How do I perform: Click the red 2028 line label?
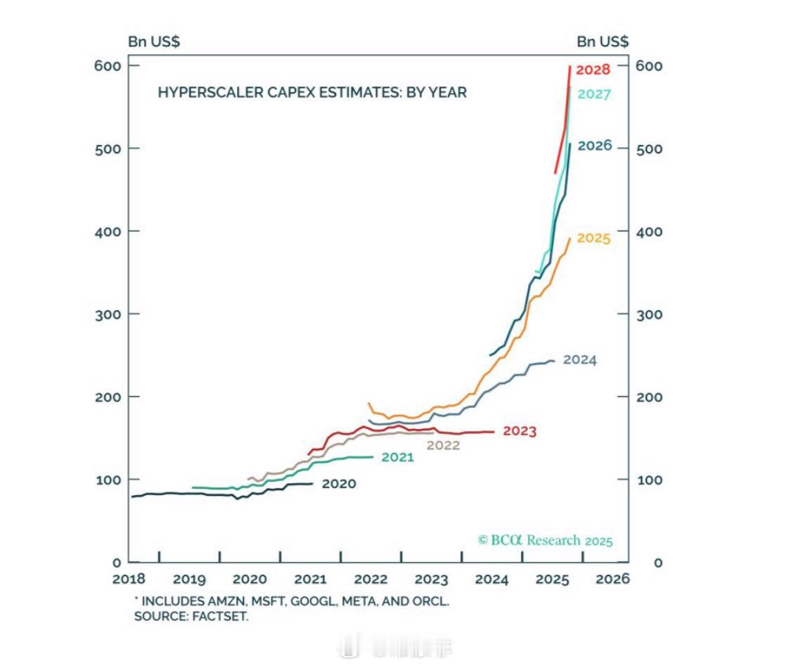tap(593, 70)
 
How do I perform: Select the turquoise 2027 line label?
tap(594, 94)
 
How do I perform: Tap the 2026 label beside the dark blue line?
tap(595, 146)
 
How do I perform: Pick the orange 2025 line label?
tap(593, 238)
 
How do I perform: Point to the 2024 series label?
tap(579, 360)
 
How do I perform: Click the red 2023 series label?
tap(520, 432)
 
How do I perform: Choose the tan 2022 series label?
tap(443, 445)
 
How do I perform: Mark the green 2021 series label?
tap(397, 458)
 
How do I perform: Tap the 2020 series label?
tap(339, 484)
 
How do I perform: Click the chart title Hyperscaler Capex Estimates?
tap(311, 92)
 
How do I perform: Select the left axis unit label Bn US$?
tap(153, 41)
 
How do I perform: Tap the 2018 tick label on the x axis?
tap(129, 579)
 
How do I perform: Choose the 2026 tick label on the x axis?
tap(612, 579)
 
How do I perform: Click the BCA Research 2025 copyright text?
tap(545, 540)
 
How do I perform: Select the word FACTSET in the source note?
tap(224, 617)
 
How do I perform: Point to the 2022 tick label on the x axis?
tap(371, 579)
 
